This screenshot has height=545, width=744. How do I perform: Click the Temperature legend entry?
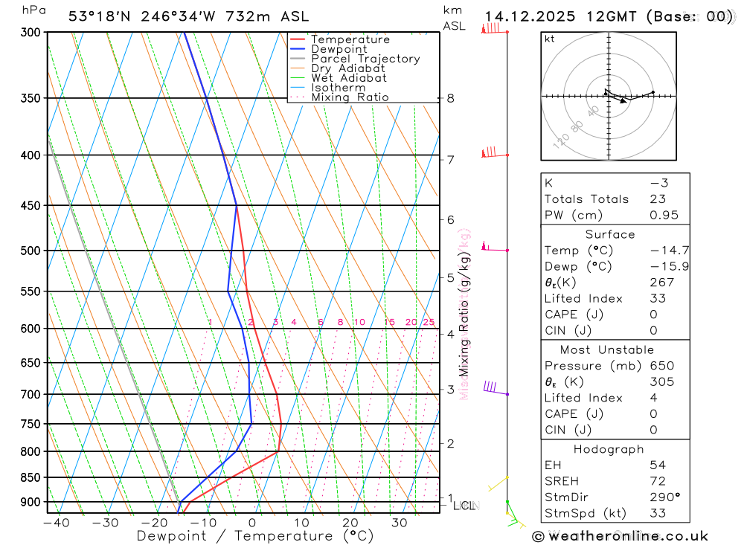click(x=350, y=39)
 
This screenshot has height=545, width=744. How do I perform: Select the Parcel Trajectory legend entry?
click(x=365, y=59)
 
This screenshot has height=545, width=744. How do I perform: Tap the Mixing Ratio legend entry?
click(x=350, y=97)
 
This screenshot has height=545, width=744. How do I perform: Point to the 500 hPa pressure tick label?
click(x=30, y=251)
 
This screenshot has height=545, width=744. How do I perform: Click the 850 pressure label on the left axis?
click(x=30, y=477)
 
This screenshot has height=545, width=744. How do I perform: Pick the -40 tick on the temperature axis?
click(x=56, y=523)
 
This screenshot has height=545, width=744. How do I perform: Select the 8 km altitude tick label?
click(x=450, y=98)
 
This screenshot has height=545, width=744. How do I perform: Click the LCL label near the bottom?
click(x=464, y=506)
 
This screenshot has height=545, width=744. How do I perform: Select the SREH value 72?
click(x=657, y=481)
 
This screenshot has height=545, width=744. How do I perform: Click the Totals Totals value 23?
click(x=657, y=199)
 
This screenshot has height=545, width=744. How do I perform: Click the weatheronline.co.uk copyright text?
click(x=620, y=536)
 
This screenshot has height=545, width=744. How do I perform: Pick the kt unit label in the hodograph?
click(x=550, y=39)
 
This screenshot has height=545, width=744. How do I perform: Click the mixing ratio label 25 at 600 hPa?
click(x=429, y=322)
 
